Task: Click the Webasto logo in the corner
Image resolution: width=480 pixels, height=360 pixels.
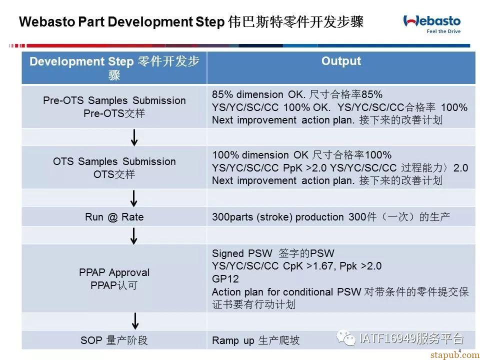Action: point(432,21)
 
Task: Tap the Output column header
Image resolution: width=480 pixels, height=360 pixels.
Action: point(341,61)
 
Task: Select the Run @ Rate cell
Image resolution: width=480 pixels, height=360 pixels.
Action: point(114,216)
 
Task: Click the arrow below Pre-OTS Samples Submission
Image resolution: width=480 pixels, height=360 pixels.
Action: point(134,137)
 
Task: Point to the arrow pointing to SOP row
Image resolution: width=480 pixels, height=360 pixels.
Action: point(135,321)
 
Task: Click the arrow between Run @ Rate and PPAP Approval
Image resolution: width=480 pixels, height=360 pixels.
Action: point(134,235)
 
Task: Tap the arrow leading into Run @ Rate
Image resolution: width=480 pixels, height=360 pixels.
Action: point(134,198)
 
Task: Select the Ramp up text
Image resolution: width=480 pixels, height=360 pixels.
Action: point(233,340)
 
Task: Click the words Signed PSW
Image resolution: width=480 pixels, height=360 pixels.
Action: point(242,253)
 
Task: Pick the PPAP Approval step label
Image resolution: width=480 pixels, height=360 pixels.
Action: point(114,272)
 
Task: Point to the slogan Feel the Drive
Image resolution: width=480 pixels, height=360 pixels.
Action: point(443,31)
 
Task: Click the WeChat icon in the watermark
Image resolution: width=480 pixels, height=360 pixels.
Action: point(346,337)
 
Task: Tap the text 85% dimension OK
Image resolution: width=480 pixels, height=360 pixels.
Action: point(258,94)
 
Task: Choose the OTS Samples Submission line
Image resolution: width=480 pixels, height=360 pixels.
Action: point(114,161)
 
